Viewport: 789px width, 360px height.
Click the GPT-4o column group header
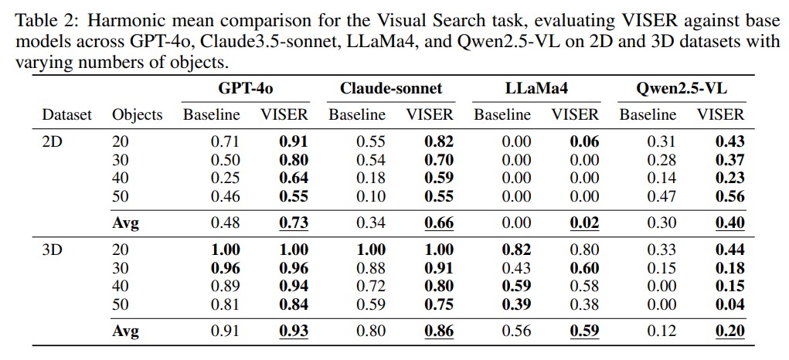click(x=245, y=89)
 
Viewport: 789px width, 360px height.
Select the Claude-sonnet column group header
click(x=391, y=89)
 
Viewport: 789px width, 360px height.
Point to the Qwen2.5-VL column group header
click(x=682, y=89)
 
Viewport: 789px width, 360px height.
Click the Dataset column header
click(x=66, y=115)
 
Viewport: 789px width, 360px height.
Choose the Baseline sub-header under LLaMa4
click(x=502, y=115)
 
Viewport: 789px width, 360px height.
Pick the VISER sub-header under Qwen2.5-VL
click(x=720, y=115)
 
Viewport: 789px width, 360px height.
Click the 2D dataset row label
click(x=52, y=142)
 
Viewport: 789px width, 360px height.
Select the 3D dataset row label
click(x=52, y=250)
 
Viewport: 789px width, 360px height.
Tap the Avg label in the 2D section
click(x=126, y=223)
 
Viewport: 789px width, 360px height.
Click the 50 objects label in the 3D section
click(x=121, y=304)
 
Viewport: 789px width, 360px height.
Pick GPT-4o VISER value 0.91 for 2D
click(x=294, y=142)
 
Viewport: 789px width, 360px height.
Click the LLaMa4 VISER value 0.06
click(x=584, y=142)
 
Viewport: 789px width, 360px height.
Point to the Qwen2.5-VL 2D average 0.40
click(x=730, y=223)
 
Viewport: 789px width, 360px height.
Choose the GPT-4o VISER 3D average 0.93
click(x=294, y=331)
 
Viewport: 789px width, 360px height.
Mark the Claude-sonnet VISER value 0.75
click(x=439, y=304)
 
